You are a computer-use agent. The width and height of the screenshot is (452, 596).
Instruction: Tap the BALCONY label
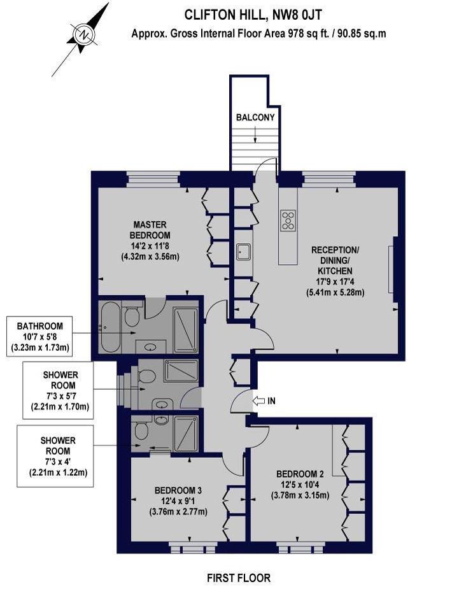coord(255,117)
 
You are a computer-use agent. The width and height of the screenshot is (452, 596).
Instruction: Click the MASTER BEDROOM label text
coord(150,230)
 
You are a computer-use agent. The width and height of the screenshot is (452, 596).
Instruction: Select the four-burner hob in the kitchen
coord(288,220)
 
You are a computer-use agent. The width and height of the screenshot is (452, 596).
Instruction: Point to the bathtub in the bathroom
coord(110,327)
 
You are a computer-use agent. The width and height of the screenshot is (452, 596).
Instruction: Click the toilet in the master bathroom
coord(132,316)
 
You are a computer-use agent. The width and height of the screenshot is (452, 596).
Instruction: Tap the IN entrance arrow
coord(260,401)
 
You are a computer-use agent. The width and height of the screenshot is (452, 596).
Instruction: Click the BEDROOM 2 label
coord(300,474)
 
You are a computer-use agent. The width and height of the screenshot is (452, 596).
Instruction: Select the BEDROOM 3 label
coord(178,490)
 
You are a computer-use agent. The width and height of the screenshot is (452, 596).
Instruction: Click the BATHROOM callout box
coord(40,336)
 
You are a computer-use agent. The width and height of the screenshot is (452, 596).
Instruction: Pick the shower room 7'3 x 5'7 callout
coord(58,390)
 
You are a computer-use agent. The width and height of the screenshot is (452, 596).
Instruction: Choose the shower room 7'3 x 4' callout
coord(55,456)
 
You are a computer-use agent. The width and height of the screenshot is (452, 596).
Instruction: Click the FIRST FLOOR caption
coord(239,578)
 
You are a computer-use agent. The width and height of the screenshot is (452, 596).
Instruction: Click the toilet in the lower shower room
coord(141,432)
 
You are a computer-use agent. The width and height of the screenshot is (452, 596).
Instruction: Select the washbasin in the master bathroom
coord(152,346)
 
